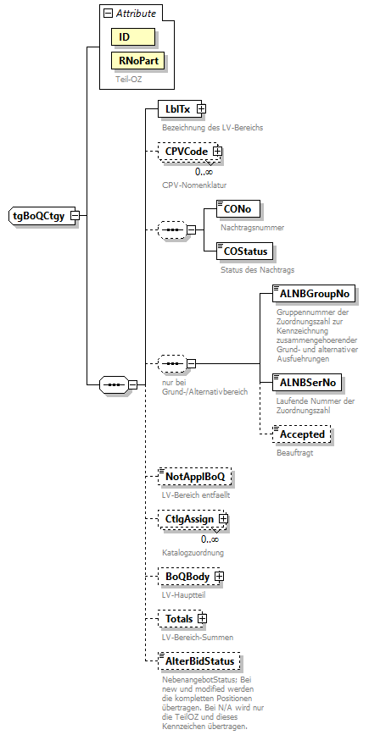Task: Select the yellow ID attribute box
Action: [131, 37]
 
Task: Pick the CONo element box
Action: [238, 209]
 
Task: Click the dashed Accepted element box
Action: [300, 434]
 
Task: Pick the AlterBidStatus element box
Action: [193, 660]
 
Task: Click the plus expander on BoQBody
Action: [219, 577]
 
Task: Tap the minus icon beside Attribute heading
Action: [108, 14]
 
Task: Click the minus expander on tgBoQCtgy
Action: [75, 215]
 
